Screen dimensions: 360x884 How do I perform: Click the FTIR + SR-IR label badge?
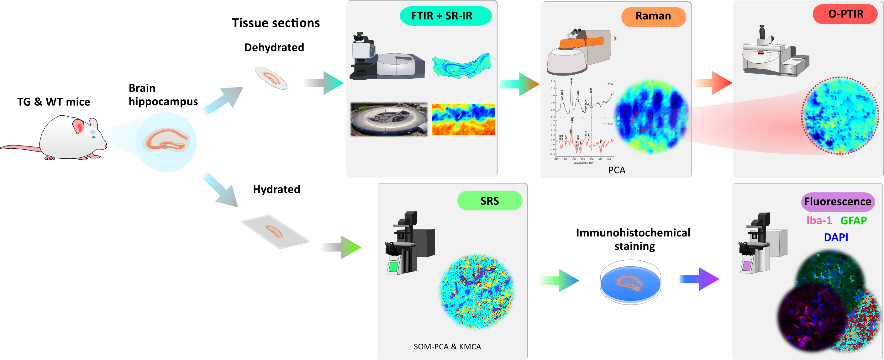pyautogui.click(x=445, y=16)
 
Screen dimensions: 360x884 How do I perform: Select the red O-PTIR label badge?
pyautogui.click(x=845, y=14)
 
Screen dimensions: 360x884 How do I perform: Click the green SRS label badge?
pyautogui.click(x=489, y=201)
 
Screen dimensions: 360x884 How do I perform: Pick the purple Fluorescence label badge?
pyautogui.click(x=837, y=202)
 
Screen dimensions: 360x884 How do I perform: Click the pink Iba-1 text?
pyautogui.click(x=819, y=220)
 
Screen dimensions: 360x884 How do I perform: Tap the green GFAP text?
pyautogui.click(x=854, y=220)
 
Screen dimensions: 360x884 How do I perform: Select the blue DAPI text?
pyautogui.click(x=836, y=237)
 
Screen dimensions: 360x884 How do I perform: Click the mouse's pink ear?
pyautogui.click(x=79, y=126)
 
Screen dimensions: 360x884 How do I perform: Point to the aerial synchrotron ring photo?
pyautogui.click(x=389, y=119)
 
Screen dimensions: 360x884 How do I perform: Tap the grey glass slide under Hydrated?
pyautogui.click(x=275, y=232)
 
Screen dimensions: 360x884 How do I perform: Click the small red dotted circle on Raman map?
pyautogui.click(x=641, y=121)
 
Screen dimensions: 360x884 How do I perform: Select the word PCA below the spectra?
pyautogui.click(x=617, y=170)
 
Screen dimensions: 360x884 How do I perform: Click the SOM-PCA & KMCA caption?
pyautogui.click(x=447, y=347)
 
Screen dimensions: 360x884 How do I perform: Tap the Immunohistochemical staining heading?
pyautogui.click(x=633, y=239)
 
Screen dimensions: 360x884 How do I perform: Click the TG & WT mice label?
pyautogui.click(x=54, y=102)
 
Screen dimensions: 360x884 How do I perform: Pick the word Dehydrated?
pyautogui.click(x=274, y=47)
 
